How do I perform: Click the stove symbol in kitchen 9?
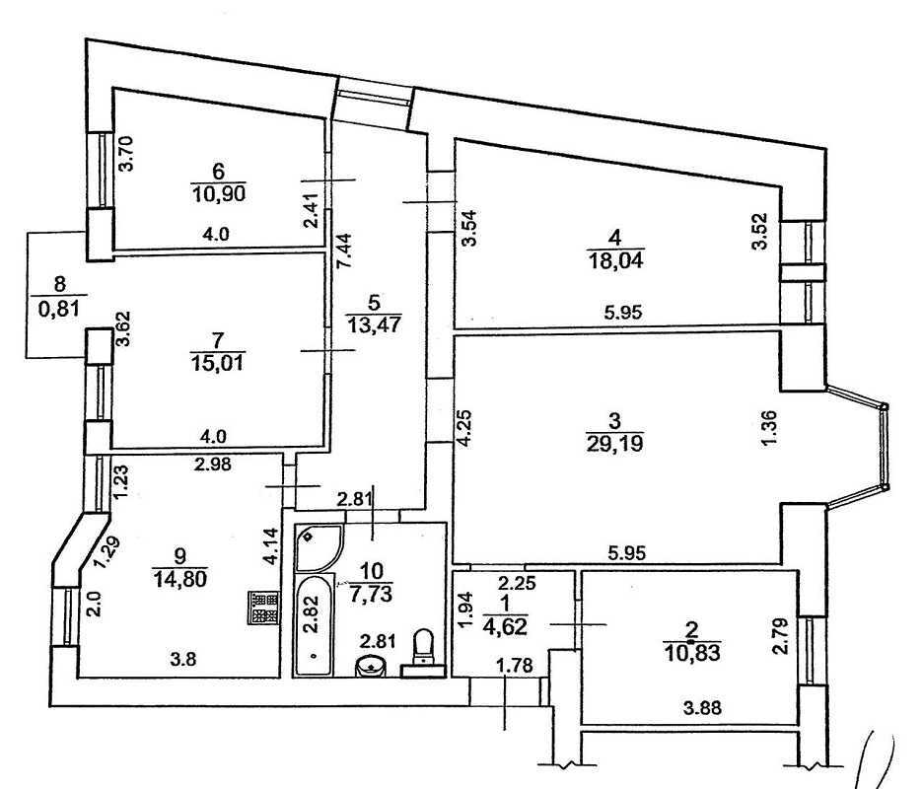262,609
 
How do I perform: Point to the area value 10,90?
218,192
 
